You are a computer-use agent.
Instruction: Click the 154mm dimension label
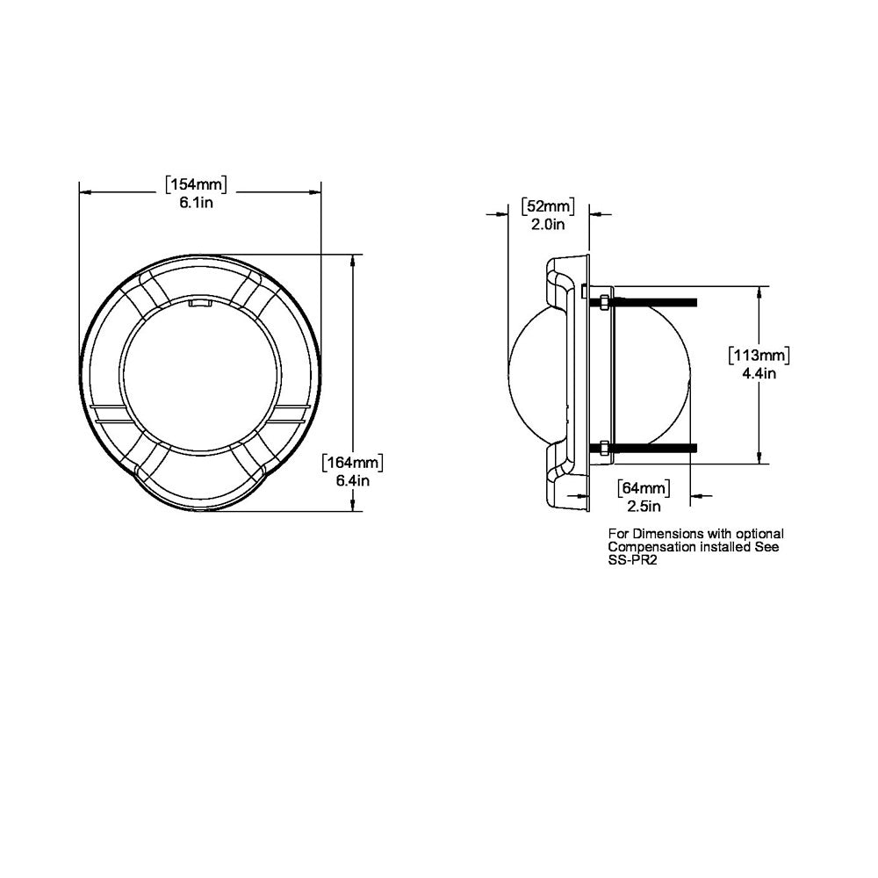[x=197, y=185]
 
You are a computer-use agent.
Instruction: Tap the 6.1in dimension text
[x=197, y=204]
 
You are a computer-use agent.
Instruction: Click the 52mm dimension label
[x=548, y=207]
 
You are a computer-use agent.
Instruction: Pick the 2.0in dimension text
[x=548, y=225]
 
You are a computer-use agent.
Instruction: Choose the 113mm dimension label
[x=759, y=356]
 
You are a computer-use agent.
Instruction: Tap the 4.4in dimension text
[x=759, y=373]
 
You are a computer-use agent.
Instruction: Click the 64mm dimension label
[x=644, y=488]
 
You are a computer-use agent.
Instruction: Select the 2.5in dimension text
[x=644, y=506]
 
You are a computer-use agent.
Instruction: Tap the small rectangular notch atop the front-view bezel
[x=201, y=304]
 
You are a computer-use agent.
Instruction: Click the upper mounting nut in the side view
[x=605, y=302]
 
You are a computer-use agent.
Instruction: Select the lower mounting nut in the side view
[x=605, y=448]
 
